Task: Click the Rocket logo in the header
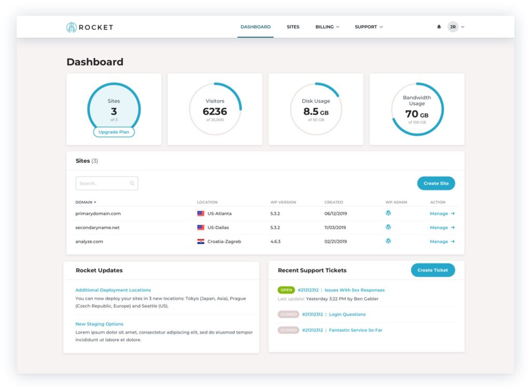90,27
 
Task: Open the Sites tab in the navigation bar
293,27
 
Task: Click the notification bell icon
439,27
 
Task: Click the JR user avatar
453,27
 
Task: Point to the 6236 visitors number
215,111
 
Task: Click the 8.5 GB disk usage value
315,111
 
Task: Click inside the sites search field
104,183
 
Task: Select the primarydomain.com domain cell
98,214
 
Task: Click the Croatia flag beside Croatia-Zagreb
201,242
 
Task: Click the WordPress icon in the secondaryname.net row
388,227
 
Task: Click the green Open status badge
286,290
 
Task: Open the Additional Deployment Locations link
113,290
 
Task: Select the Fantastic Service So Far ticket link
355,330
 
